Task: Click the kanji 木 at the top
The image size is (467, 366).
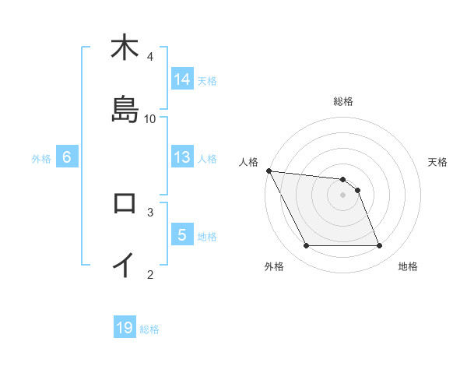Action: [x=125, y=48]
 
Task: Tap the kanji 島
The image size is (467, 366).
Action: [x=125, y=110]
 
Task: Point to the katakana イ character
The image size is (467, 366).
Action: [x=125, y=266]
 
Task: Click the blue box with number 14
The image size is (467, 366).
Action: [x=182, y=79]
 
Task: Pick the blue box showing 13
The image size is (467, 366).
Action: [x=182, y=157]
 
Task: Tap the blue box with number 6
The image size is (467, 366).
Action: [x=67, y=157]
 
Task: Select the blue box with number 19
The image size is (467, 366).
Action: [x=125, y=328]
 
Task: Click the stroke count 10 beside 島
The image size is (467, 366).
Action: [x=151, y=118]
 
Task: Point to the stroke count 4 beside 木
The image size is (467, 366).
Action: [x=150, y=56]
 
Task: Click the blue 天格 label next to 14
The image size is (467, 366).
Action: [x=207, y=80]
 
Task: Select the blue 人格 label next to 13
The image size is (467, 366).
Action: [x=207, y=158]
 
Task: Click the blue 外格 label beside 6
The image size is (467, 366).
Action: [x=41, y=158]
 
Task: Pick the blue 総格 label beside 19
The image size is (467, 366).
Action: [x=149, y=329]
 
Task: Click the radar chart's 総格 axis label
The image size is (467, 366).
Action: [x=343, y=101]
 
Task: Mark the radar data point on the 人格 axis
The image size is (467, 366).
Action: [x=269, y=171]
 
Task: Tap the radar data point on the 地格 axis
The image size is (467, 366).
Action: [x=379, y=246]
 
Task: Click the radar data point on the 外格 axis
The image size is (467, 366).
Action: [x=306, y=246]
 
